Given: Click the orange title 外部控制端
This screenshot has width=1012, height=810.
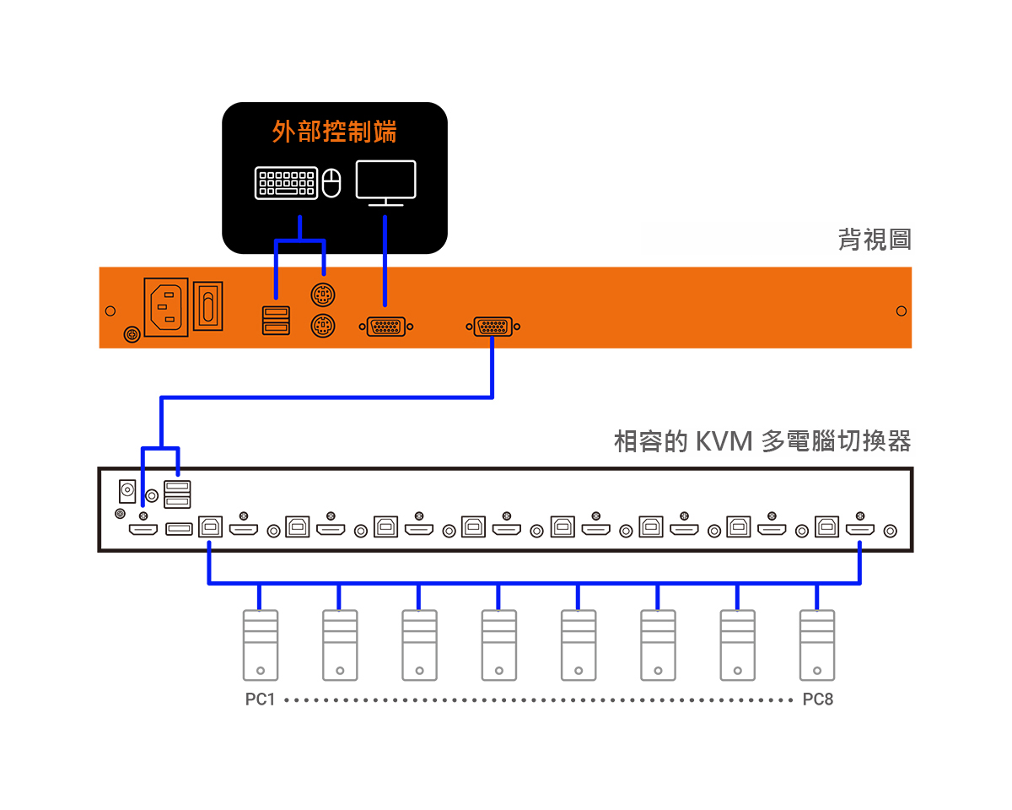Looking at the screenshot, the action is click(x=334, y=132).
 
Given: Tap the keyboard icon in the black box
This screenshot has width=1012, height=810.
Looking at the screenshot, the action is click(x=286, y=182).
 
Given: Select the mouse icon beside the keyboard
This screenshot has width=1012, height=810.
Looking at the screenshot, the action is click(x=331, y=182).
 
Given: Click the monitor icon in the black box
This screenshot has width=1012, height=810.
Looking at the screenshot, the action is click(x=385, y=183).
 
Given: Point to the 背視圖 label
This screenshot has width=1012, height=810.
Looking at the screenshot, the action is click(x=875, y=239).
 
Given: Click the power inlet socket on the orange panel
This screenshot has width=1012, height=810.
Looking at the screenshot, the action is click(x=166, y=307).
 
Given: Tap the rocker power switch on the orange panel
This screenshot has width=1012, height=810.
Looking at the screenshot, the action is click(x=207, y=306).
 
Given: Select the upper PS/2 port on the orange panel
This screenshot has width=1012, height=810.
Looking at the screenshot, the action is click(x=323, y=295).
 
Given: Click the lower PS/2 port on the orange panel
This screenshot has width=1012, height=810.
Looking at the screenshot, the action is click(x=323, y=327).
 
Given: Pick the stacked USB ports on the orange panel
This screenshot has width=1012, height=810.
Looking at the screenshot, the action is click(x=276, y=321).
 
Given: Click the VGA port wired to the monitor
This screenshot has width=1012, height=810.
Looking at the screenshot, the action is click(x=386, y=327).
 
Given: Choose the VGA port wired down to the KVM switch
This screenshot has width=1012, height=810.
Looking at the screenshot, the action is click(x=493, y=327).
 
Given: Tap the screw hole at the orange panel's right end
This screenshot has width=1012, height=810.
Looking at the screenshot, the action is click(x=901, y=311).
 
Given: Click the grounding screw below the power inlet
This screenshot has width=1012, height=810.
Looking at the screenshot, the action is click(x=132, y=335).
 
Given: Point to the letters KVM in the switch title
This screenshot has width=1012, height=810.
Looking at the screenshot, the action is click(x=724, y=441).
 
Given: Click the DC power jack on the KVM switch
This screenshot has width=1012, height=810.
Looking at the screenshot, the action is click(x=127, y=491).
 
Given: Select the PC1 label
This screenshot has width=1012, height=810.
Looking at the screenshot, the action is click(x=260, y=699).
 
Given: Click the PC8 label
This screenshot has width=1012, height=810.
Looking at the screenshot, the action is click(x=818, y=699).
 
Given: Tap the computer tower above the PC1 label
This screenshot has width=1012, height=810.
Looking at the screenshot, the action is click(x=261, y=645).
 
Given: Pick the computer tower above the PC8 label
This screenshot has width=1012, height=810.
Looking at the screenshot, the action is click(x=817, y=645).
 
